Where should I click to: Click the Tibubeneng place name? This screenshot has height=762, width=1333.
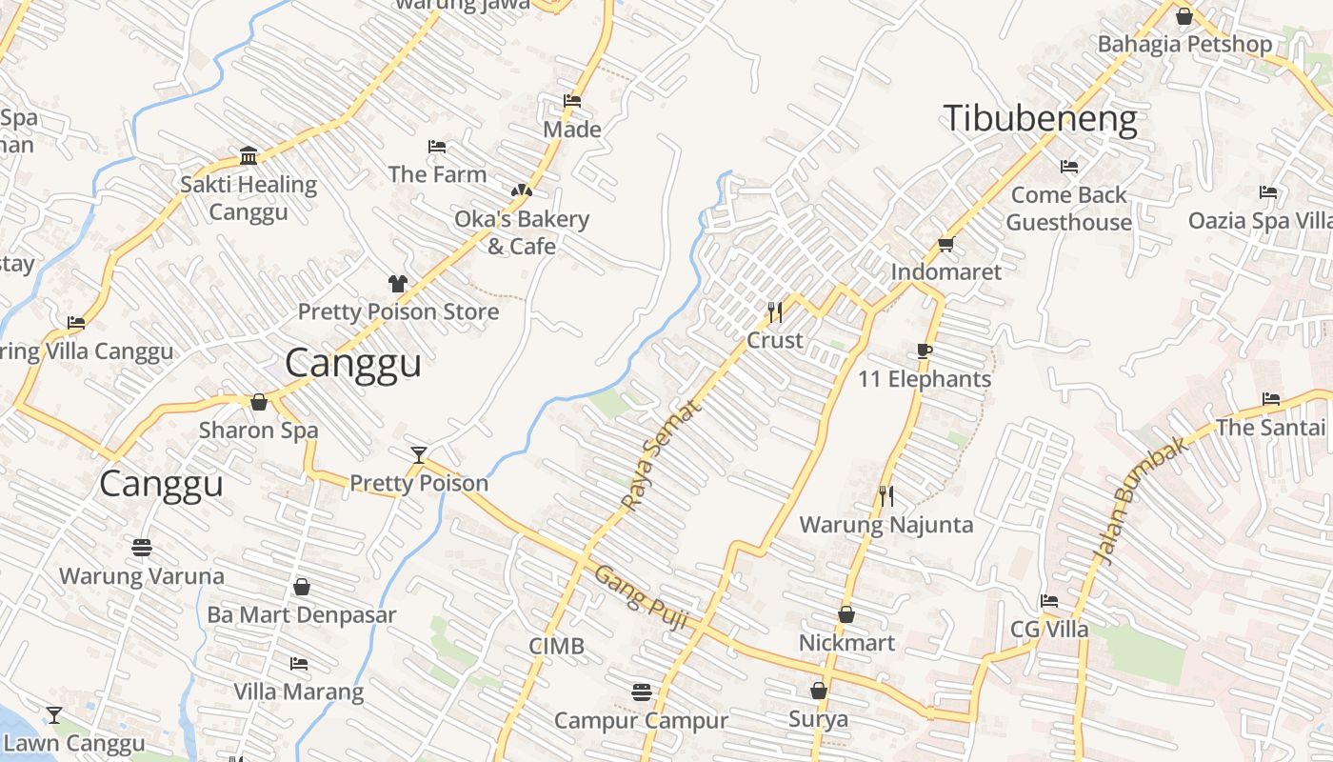tap(1040, 119)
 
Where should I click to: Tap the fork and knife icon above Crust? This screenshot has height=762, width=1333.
tap(775, 311)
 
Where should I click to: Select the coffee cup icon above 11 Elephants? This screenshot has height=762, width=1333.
tap(924, 351)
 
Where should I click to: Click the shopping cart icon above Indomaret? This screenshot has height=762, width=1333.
tap(945, 245)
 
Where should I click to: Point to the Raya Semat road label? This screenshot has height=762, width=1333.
tap(660, 455)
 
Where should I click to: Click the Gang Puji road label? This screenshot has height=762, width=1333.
tap(641, 597)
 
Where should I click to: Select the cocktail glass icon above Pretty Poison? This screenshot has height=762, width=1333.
tap(418, 454)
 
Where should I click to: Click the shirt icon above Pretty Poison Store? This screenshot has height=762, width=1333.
tap(397, 284)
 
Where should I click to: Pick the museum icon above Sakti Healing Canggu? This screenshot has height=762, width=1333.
tap(249, 156)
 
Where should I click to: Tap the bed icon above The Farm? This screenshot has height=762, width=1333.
tap(437, 147)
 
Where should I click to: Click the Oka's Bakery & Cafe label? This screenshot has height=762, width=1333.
tap(522, 232)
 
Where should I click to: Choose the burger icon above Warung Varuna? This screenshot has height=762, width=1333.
tap(142, 548)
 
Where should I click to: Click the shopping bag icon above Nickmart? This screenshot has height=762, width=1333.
tap(846, 615)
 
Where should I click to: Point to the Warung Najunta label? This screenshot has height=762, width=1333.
tap(885, 525)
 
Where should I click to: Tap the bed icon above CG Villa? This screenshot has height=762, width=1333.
tap(1049, 601)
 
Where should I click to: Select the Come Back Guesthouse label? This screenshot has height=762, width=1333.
tap(1068, 209)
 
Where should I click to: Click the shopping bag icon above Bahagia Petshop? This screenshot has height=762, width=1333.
tap(1184, 16)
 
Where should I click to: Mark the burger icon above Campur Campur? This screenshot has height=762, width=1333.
tap(641, 692)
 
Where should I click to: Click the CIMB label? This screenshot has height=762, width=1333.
tap(556, 647)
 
